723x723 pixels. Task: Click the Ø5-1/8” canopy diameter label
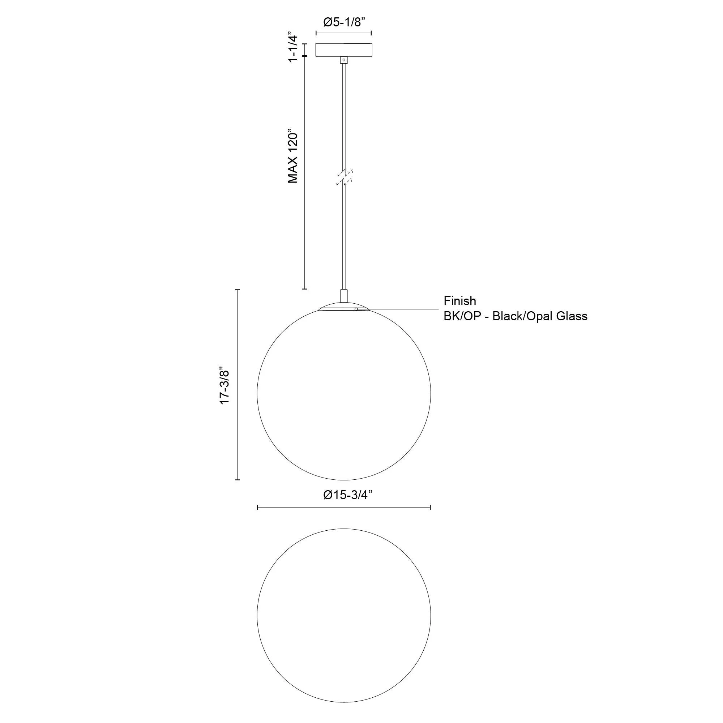pos(343,22)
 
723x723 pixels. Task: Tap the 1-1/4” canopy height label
pos(293,49)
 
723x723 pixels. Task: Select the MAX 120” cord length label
pos(293,157)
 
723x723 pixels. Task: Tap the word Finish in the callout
pos(459,301)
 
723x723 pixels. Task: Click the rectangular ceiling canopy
pos(343,50)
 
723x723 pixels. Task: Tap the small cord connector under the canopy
pos(343,60)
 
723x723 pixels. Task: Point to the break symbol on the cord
pos(344,177)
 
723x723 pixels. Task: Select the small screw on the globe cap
pos(356,309)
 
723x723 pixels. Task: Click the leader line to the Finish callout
pos(401,309)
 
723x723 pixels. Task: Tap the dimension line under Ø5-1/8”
pos(343,33)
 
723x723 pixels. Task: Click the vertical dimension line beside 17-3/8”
pos(238,384)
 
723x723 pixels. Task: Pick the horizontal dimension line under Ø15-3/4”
pos(343,507)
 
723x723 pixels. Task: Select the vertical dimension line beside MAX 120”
pos(304,172)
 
